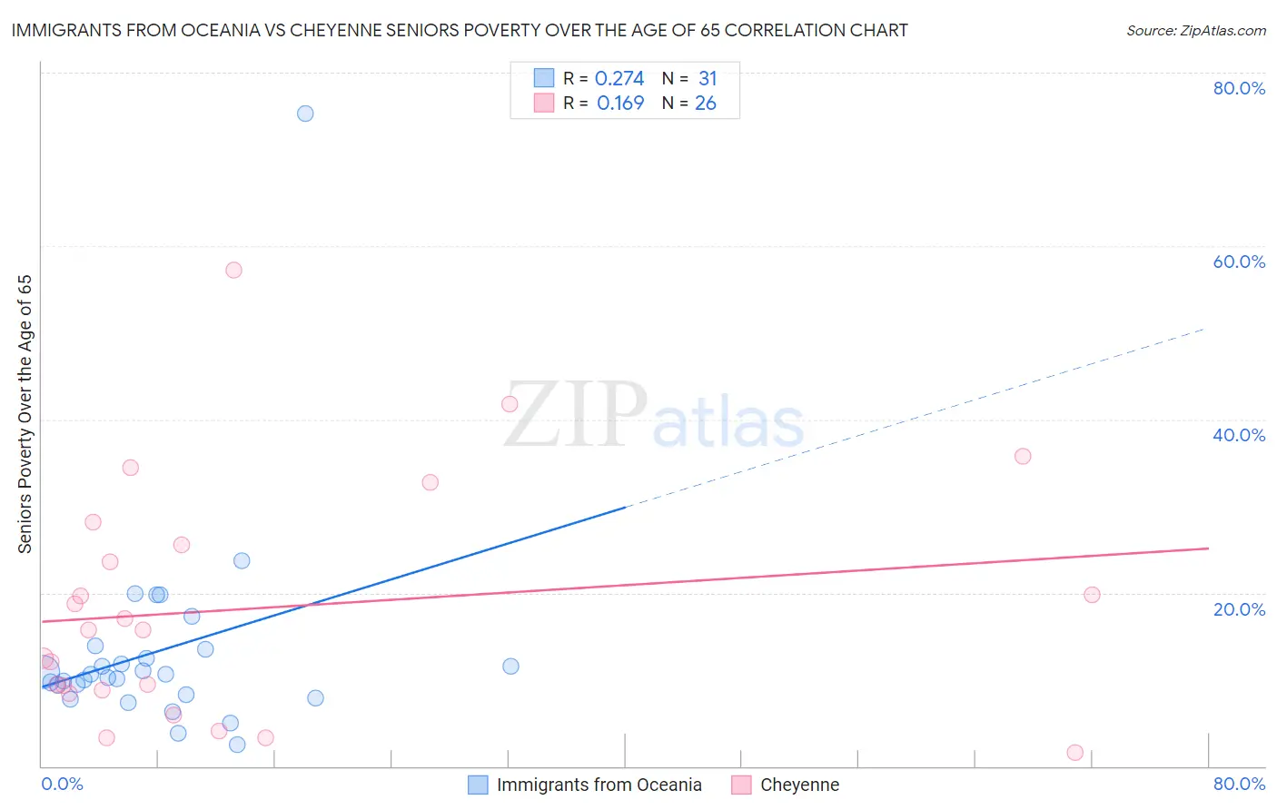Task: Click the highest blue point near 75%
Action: [x=305, y=114]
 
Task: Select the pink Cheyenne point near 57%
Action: [x=233, y=270]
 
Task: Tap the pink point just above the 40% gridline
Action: [x=510, y=404]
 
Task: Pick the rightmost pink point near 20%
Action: [x=1092, y=595]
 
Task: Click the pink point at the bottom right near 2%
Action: [x=1074, y=752]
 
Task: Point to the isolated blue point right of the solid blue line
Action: [x=510, y=666]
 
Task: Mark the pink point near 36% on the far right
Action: [x=1023, y=456]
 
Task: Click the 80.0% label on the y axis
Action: [x=1239, y=88]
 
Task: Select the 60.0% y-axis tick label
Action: [x=1239, y=262]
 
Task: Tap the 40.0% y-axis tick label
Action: [x=1239, y=435]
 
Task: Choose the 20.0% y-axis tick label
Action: [x=1239, y=608]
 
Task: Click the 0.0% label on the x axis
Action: [x=62, y=784]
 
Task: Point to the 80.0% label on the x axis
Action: [x=1239, y=784]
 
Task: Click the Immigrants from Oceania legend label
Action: [x=599, y=785]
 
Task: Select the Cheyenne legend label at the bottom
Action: [x=799, y=785]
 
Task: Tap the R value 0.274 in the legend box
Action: [x=619, y=79]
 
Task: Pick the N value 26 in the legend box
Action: [x=706, y=104]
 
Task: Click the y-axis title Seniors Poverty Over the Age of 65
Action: [x=25, y=413]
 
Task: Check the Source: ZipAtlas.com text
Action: [x=1195, y=31]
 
